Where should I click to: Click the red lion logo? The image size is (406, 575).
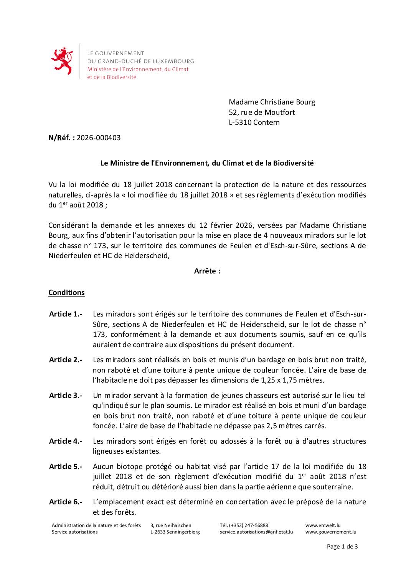click(x=62, y=61)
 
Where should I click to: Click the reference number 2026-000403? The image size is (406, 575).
click(x=99, y=138)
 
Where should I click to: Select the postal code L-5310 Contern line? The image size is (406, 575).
click(x=254, y=123)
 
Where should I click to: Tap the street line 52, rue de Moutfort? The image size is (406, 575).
click(x=262, y=112)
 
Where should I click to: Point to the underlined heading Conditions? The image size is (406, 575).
click(x=66, y=293)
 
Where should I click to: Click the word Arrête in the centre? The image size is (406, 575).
click(x=207, y=271)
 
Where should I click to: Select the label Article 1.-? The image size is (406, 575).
click(x=66, y=314)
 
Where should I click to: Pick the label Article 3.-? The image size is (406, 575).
click(x=66, y=396)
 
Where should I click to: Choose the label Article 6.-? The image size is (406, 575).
click(x=66, y=502)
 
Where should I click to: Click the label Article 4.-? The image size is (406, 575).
click(x=66, y=441)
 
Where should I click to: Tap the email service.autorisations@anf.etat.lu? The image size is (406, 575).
click(x=256, y=532)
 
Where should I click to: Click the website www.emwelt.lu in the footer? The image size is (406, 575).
click(x=323, y=525)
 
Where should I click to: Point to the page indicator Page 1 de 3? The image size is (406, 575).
click(x=342, y=547)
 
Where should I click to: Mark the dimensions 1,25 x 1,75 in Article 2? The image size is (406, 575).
click(x=271, y=380)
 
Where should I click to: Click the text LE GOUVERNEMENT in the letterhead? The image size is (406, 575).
click(x=116, y=53)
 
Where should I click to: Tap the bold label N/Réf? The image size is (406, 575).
click(x=61, y=138)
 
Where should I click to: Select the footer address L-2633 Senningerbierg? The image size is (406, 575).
click(x=175, y=532)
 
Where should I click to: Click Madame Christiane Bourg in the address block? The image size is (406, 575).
click(x=272, y=102)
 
